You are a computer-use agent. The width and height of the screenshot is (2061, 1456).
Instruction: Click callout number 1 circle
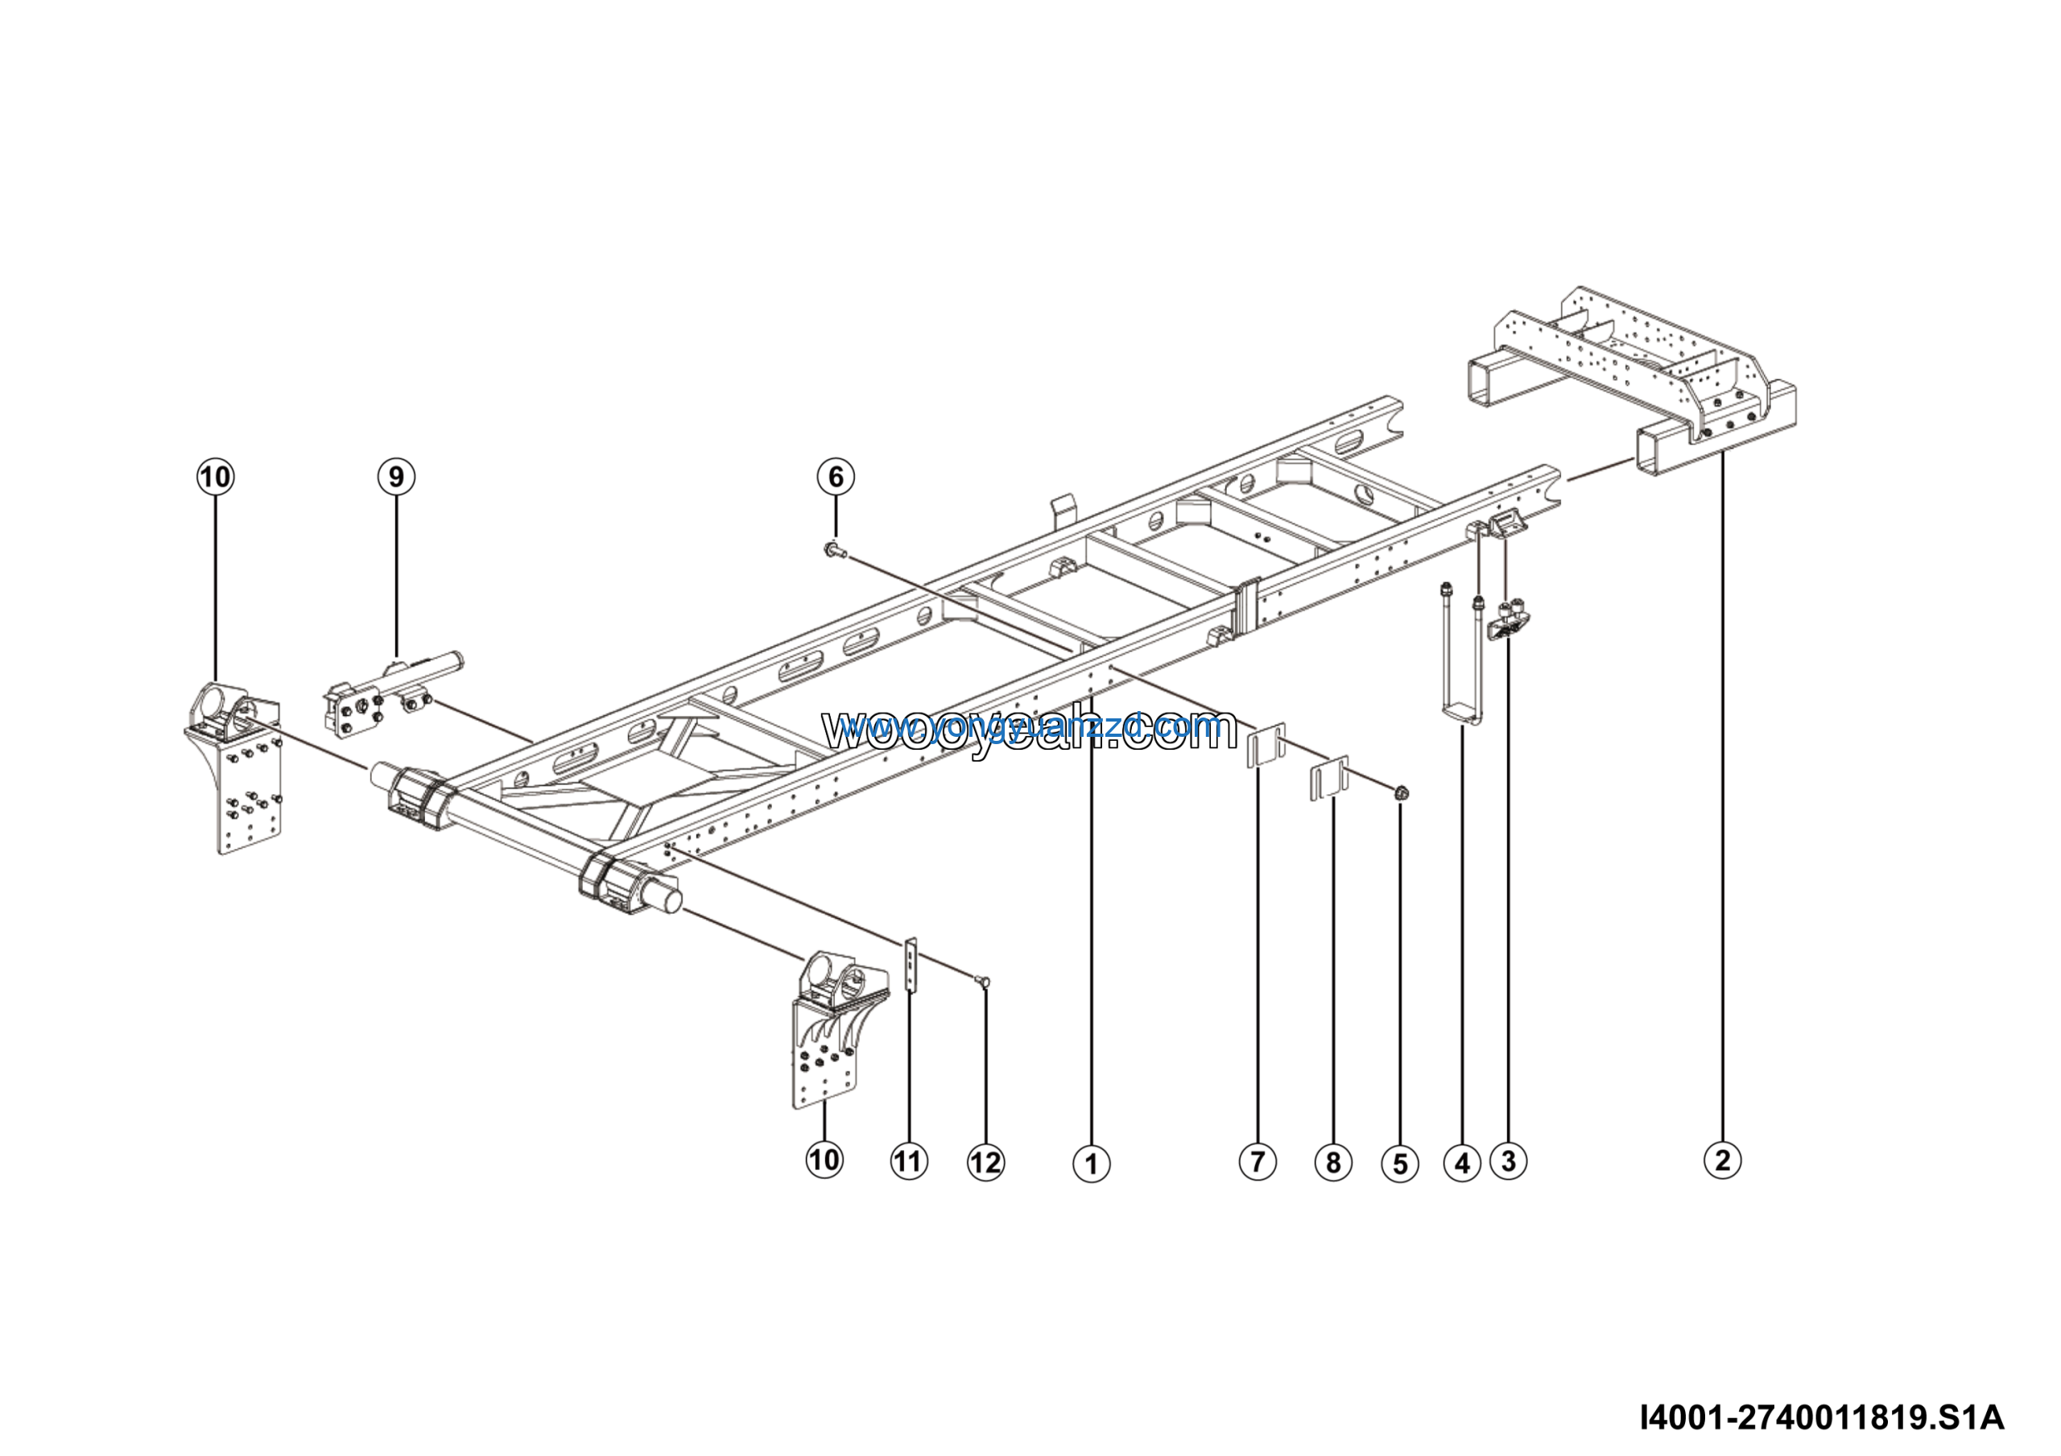tap(1091, 1164)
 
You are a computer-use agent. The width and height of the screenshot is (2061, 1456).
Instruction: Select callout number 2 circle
tap(1722, 1160)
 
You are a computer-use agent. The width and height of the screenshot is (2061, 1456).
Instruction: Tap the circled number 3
tap(1508, 1161)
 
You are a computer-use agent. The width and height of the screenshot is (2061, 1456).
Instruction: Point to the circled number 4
tap(1462, 1164)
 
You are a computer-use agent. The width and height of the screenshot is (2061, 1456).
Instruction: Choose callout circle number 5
tap(1399, 1164)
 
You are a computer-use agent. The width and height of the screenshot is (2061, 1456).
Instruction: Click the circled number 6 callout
tap(836, 476)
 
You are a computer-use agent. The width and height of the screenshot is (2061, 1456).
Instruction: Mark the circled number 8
tap(1333, 1164)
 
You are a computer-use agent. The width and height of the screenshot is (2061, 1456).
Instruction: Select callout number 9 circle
tap(396, 476)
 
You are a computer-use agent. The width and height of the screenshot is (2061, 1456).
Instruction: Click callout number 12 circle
tap(985, 1164)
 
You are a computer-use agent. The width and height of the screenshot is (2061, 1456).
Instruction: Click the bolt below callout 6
tap(835, 548)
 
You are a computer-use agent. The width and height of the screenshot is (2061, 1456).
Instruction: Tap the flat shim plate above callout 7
tap(1266, 745)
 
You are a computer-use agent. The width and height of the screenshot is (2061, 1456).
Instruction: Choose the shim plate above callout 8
tap(1328, 777)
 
